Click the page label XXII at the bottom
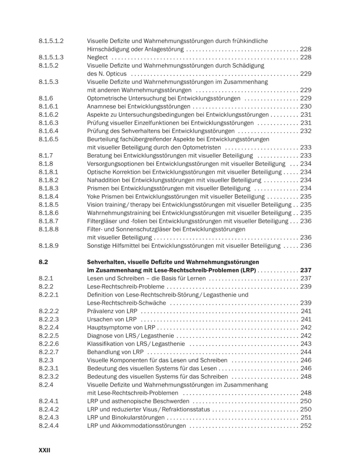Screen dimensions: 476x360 [x=44, y=450]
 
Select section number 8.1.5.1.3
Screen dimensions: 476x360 [x=51, y=57]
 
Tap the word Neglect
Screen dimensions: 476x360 [x=98, y=57]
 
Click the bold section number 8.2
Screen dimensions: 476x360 [x=43, y=262]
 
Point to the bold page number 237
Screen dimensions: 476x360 [x=306, y=270]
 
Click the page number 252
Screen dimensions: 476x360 [x=306, y=426]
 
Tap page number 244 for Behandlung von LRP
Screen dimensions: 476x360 [x=306, y=352]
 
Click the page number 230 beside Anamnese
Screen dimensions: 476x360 [x=306, y=107]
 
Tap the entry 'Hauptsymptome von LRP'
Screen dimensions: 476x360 [x=120, y=327]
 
